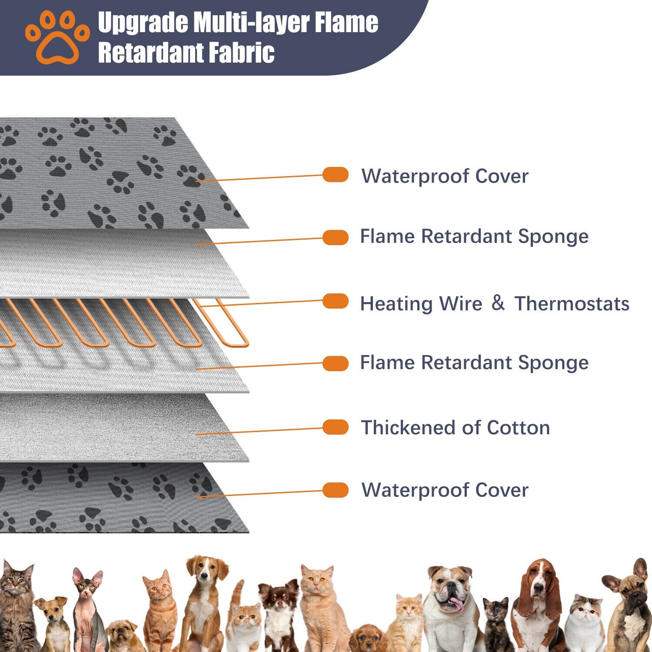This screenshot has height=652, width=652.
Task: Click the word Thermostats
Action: [572, 304]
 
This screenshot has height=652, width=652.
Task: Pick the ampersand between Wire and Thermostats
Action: [498, 303]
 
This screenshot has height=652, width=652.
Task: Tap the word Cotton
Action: [518, 428]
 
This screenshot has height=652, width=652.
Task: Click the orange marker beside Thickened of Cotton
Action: [336, 427]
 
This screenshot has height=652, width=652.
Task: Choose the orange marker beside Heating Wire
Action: [336, 301]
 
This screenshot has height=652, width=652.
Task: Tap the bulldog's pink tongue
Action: [456, 604]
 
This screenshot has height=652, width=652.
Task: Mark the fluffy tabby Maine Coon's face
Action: [17, 582]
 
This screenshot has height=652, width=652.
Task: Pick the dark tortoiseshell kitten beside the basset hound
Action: [496, 617]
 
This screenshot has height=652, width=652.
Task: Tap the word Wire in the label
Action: [461, 304]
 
